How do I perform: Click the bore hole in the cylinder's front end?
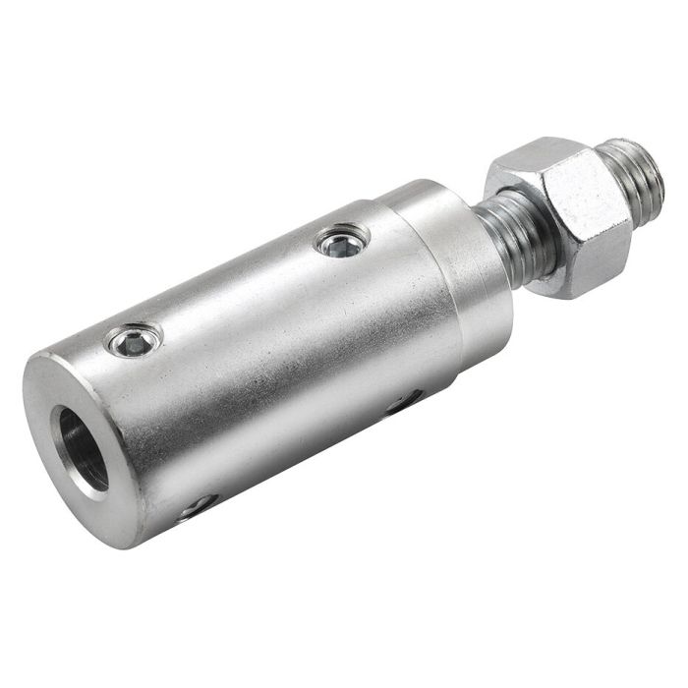pyautogui.click(x=83, y=447)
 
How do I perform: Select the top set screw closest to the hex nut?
pyautogui.click(x=343, y=241)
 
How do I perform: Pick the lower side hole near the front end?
pyautogui.click(x=197, y=506)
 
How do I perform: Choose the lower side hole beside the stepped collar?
pyautogui.click(x=404, y=402)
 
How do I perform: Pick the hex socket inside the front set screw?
pyautogui.click(x=134, y=342)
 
